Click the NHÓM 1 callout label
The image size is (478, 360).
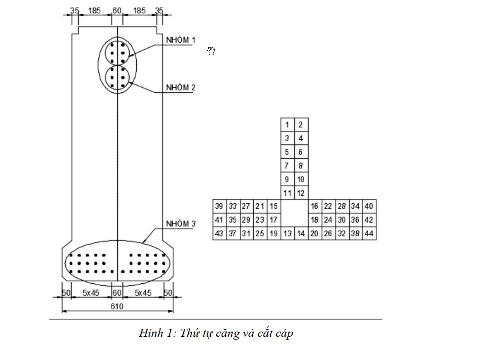180,40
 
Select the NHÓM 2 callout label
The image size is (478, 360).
180,88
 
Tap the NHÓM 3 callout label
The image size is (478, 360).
180,223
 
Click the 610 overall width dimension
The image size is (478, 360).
117,306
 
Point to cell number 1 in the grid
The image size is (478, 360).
287,125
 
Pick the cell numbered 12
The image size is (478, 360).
301,193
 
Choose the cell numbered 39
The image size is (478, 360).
219,206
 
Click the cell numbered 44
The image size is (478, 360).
369,234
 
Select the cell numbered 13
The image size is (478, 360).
287,234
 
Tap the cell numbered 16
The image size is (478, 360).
315,206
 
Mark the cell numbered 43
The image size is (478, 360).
219,234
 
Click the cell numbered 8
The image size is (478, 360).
301,166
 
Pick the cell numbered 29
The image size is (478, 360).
246,220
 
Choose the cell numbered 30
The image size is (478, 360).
342,220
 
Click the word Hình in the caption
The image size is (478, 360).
150,333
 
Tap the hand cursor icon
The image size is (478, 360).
212,51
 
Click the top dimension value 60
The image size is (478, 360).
117,10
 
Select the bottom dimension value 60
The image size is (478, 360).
117,293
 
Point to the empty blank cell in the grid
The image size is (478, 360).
294,213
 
